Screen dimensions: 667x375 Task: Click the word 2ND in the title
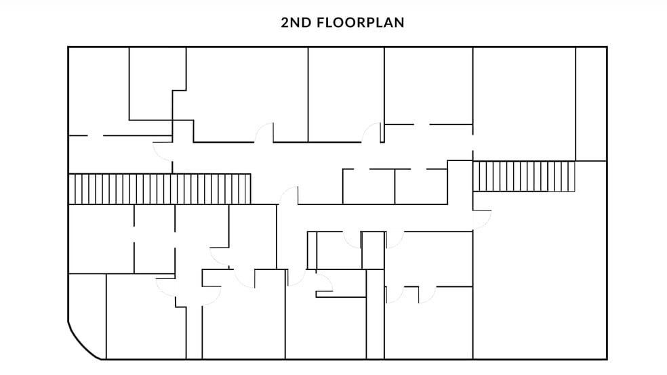click(296, 22)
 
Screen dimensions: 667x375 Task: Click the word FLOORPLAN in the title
click(361, 22)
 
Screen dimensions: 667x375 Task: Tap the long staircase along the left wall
click(159, 189)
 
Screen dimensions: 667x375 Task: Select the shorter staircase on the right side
click(524, 176)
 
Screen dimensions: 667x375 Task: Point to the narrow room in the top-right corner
click(591, 104)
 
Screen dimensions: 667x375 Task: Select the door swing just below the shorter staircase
click(483, 219)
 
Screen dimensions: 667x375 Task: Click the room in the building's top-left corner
click(99, 91)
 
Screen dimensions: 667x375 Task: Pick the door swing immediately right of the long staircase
click(288, 196)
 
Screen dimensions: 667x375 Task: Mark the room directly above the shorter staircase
click(524, 104)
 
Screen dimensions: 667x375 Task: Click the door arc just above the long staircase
click(163, 152)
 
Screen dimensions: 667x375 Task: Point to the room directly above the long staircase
click(120, 154)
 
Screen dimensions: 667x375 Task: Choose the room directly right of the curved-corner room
click(146, 316)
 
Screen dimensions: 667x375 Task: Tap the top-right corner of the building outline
click(607, 47)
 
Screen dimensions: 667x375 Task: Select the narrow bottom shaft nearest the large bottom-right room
click(376, 314)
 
